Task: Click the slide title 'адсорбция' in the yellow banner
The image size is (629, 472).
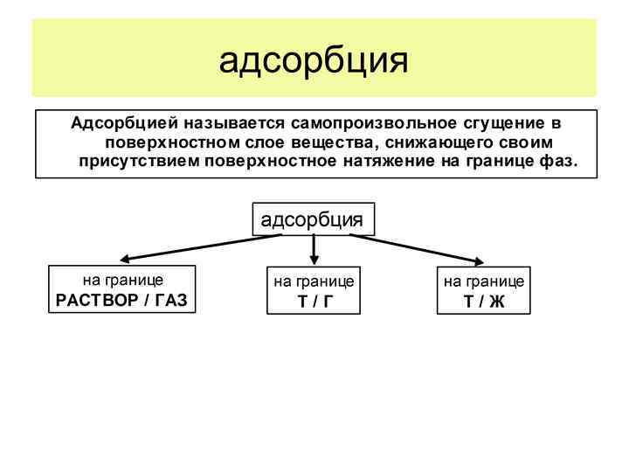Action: pos(314,60)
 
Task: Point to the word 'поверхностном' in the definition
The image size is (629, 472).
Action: pos(160,142)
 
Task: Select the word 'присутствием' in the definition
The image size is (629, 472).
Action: pos(138,161)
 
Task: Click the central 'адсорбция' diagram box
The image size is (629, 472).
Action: pos(313,219)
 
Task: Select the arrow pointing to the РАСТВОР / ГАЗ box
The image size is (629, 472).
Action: pos(201,248)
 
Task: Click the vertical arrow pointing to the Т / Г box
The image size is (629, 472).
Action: pos(314,249)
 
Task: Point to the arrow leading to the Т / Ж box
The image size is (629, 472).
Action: pos(419,248)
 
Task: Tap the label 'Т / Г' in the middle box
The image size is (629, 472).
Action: pos(314,302)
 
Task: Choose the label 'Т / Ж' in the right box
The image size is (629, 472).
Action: pos(483,302)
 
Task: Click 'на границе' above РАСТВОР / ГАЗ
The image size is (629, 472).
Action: pos(122,281)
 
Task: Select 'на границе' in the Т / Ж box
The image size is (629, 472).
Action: pos(483,281)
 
